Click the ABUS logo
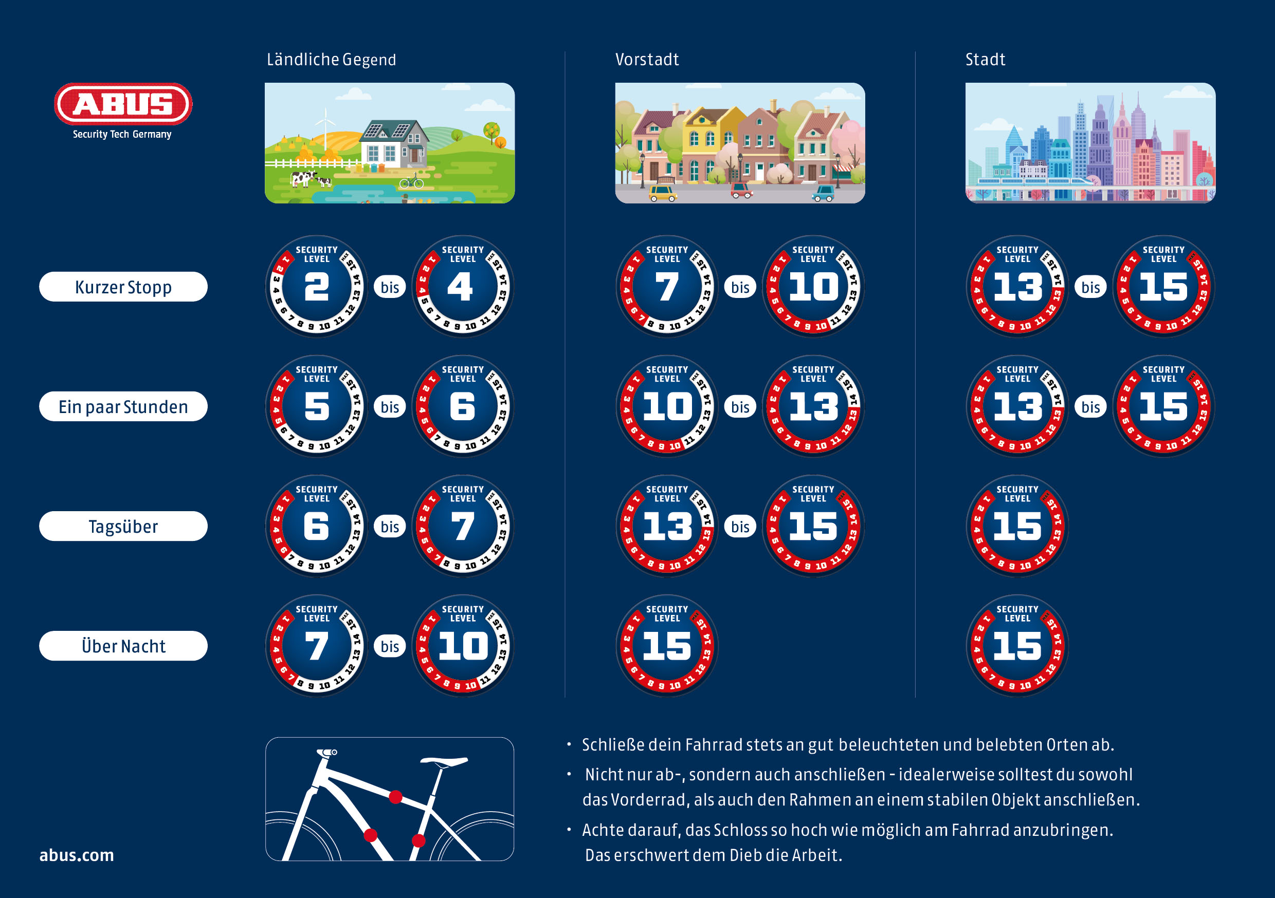click(x=123, y=104)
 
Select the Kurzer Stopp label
click(x=123, y=287)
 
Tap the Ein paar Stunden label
click(x=123, y=407)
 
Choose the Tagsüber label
click(x=123, y=526)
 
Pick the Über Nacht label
click(x=123, y=646)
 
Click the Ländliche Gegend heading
click(x=331, y=60)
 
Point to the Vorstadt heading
click(x=646, y=60)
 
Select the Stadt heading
click(x=985, y=60)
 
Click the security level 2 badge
click(x=317, y=287)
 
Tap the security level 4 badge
click(x=463, y=287)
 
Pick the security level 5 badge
click(x=317, y=407)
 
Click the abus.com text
click(x=77, y=855)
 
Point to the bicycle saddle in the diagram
click(x=444, y=761)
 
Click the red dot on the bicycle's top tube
click(x=395, y=797)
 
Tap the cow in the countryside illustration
click(x=303, y=179)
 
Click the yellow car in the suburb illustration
click(x=662, y=193)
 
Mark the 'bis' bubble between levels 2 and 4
click(x=390, y=287)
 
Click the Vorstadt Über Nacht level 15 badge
click(x=667, y=646)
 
